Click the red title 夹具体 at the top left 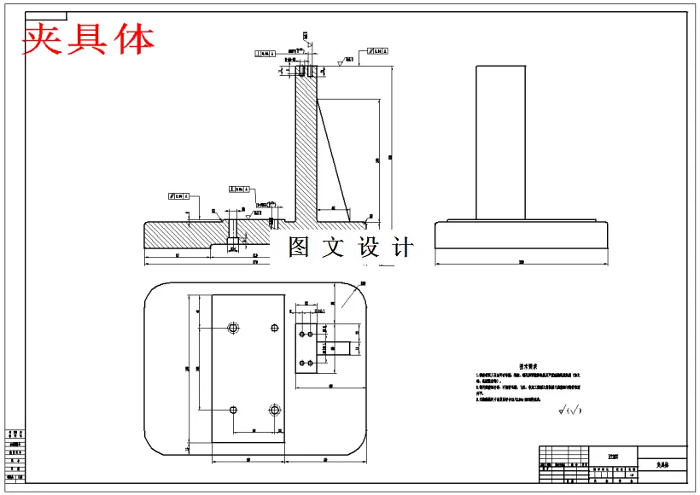88,38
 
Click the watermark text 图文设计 350,247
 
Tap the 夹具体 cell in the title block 662,466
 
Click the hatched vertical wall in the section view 305,145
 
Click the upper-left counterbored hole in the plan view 232,328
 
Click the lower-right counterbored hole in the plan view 274,411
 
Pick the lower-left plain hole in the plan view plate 232,411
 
